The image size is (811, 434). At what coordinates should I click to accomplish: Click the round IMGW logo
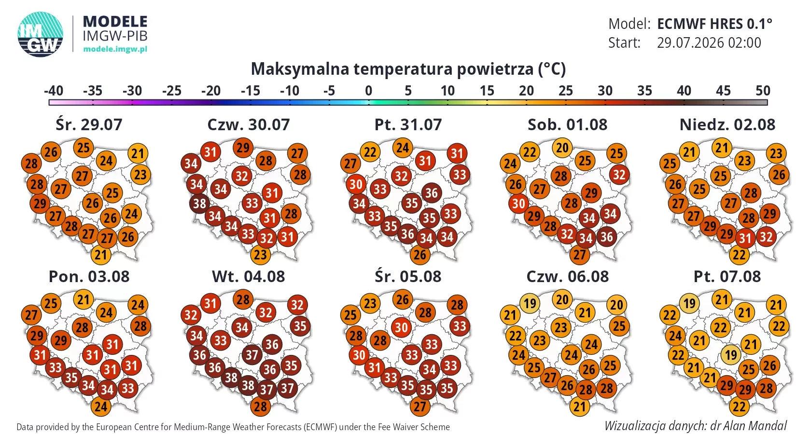40,34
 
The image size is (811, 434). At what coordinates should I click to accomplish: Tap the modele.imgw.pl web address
115,49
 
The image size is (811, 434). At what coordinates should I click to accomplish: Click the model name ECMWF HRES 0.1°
714,24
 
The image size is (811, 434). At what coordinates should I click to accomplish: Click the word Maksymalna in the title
300,68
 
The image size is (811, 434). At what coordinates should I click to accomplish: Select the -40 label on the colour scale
54,91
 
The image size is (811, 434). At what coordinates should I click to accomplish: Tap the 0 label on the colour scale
369,91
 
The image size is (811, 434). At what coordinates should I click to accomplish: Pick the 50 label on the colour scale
763,91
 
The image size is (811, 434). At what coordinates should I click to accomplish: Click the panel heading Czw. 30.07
248,124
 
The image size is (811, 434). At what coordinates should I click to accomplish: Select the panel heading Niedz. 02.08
727,124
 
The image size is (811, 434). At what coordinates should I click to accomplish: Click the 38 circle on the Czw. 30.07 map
199,203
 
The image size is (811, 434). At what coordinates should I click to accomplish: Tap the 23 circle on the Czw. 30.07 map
260,255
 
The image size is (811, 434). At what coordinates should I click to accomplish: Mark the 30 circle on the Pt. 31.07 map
356,184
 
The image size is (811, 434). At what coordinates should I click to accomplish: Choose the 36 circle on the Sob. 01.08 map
607,237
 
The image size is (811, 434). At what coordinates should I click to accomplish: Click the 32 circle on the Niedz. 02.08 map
766,237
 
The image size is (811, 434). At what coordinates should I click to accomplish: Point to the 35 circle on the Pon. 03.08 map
71,378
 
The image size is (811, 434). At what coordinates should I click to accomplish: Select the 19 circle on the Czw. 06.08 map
530,303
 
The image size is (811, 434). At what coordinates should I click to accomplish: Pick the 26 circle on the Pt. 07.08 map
769,366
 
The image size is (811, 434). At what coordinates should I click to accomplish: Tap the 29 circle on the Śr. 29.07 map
40,203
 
